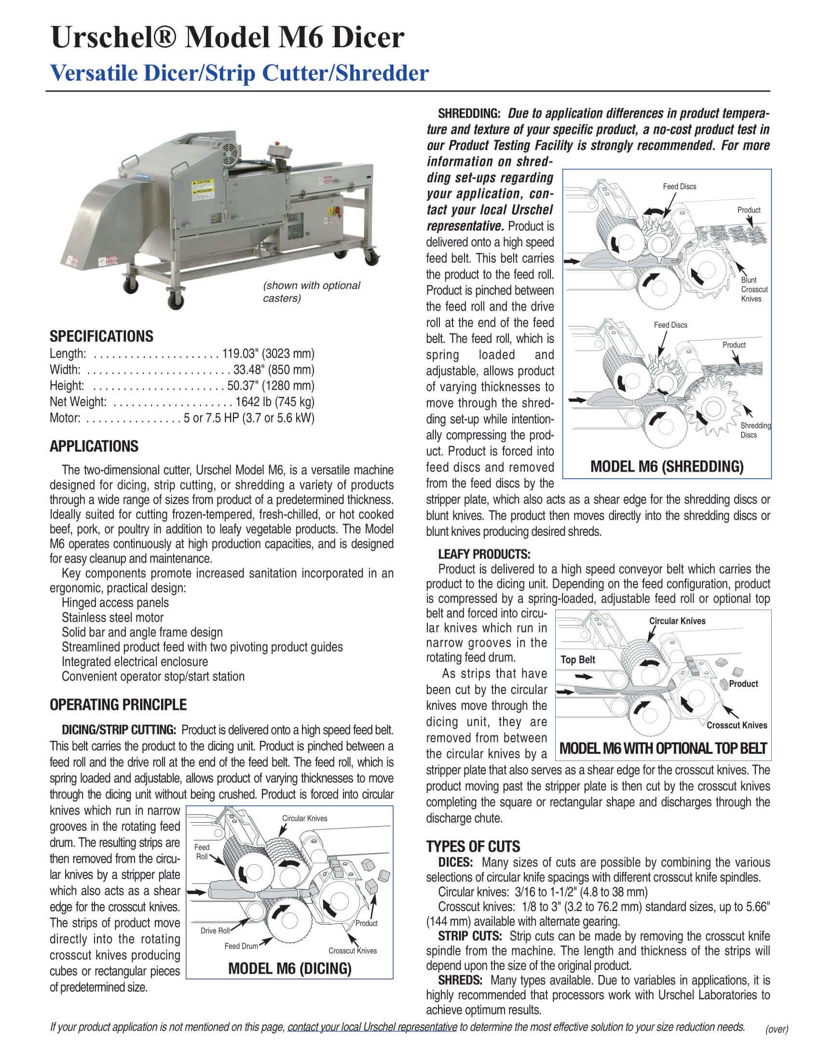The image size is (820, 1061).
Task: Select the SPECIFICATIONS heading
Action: (x=101, y=336)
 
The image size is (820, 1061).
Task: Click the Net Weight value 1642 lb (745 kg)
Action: (x=274, y=402)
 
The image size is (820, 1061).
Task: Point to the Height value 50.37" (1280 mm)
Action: (x=271, y=386)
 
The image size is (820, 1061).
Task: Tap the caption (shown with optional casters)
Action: (x=312, y=291)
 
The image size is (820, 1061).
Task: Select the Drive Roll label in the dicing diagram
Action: (x=215, y=931)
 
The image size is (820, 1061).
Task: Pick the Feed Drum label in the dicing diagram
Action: (x=241, y=946)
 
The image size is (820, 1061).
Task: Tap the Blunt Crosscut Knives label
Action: (x=754, y=289)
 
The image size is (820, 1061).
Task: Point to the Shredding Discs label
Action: (x=755, y=430)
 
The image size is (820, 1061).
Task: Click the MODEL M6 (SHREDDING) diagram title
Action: (x=667, y=467)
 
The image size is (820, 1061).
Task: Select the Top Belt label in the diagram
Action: (x=577, y=660)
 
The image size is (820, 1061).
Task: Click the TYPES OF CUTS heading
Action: (x=473, y=846)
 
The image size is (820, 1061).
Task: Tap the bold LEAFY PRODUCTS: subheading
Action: (x=484, y=554)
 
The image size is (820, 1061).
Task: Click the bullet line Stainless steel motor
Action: (x=112, y=617)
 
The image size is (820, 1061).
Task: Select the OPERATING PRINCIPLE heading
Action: (x=118, y=705)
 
